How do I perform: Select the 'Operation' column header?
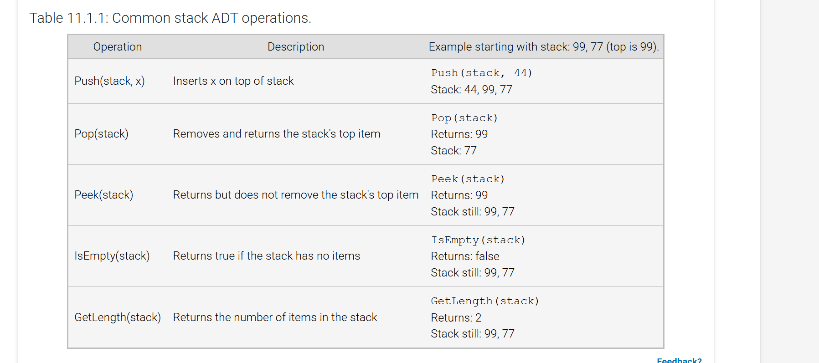tap(117, 47)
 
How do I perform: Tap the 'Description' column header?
tap(296, 47)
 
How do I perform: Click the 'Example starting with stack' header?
tap(544, 47)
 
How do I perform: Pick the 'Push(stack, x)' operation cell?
tap(109, 81)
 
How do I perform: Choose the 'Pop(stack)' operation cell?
tap(101, 134)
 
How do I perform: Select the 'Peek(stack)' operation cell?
tap(103, 195)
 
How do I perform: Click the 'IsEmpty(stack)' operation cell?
tap(112, 256)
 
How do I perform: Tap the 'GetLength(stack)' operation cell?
tap(118, 317)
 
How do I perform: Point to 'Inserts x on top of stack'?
tap(233, 81)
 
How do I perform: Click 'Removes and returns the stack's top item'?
tap(276, 134)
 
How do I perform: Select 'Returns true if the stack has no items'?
tap(266, 256)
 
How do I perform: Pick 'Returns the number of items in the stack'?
tap(275, 317)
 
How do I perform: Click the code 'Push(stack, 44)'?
tap(481, 73)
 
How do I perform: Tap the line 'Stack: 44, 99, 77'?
tap(471, 90)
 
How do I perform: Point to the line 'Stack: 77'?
tap(453, 151)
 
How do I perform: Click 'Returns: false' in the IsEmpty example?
tap(465, 256)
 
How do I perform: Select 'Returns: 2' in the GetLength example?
tap(456, 317)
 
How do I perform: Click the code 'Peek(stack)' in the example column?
tap(468, 179)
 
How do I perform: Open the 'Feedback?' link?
tap(679, 360)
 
